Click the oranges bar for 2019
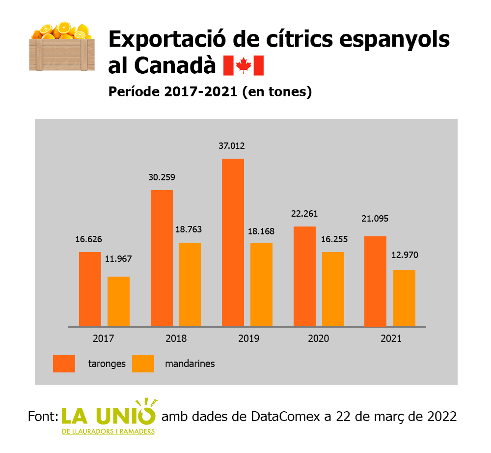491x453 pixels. pyautogui.click(x=233, y=242)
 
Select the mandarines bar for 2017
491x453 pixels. pyautogui.click(x=118, y=301)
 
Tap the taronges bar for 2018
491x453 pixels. pyautogui.click(x=162, y=258)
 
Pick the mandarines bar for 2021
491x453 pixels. pyautogui.click(x=404, y=298)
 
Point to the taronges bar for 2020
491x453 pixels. pyautogui.click(x=304, y=276)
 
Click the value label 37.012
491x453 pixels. pyautogui.click(x=232, y=146)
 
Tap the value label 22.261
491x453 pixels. pyautogui.click(x=304, y=214)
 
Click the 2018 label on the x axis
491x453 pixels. pyautogui.click(x=175, y=339)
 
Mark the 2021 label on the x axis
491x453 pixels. pyautogui.click(x=391, y=339)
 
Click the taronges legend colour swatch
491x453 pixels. pyautogui.click(x=64, y=364)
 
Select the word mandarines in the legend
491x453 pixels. pyautogui.click(x=190, y=364)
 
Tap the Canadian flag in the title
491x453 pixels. pyautogui.click(x=244, y=66)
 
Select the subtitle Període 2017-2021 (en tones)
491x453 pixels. pyautogui.click(x=210, y=91)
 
